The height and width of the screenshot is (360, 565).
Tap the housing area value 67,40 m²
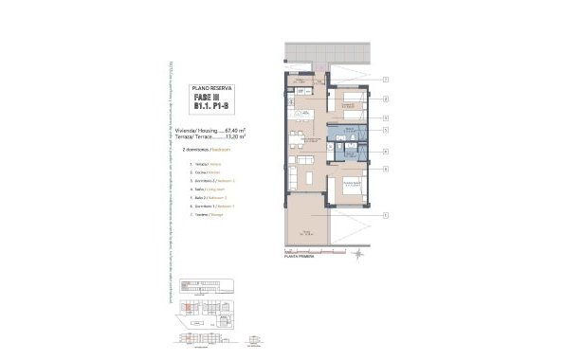tap(233, 130)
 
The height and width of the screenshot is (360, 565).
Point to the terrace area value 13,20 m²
tap(233, 136)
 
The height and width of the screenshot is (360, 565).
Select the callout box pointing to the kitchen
tap(387, 99)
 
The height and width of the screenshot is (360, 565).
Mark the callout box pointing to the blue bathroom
tap(387, 135)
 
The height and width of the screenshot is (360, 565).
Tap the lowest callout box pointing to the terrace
tap(387, 216)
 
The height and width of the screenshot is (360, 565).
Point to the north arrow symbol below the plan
tap(355, 253)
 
